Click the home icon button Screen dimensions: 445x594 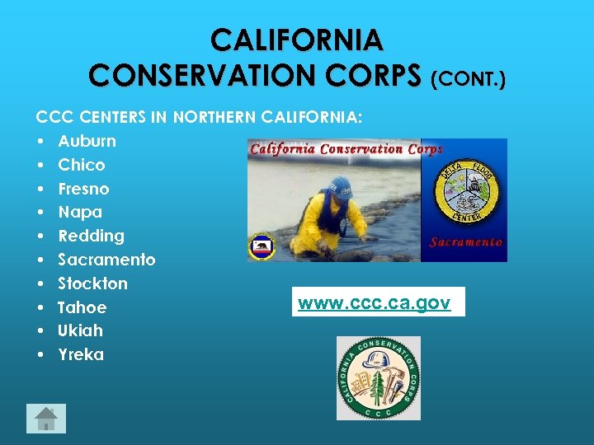pyautogui.click(x=46, y=419)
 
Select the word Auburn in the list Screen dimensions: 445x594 pyautogui.click(x=87, y=141)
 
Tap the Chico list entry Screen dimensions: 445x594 pyautogui.click(x=81, y=165)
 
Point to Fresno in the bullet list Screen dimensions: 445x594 pyautogui.click(x=83, y=189)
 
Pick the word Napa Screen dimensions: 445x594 pyautogui.click(x=80, y=213)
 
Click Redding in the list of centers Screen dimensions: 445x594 pyautogui.click(x=91, y=236)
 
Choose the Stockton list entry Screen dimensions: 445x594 pyautogui.click(x=92, y=283)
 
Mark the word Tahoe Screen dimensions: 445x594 pyautogui.click(x=82, y=307)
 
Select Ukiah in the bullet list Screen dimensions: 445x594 pyautogui.click(x=80, y=330)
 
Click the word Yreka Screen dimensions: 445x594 pyautogui.click(x=81, y=354)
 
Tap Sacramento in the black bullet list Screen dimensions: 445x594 pyautogui.click(x=106, y=260)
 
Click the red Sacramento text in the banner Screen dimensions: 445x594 pyautogui.click(x=466, y=242)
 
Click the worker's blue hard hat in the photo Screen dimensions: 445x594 pyautogui.click(x=340, y=185)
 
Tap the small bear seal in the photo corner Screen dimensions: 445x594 pyautogui.click(x=262, y=247)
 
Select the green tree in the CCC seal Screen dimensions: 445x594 pyautogui.click(x=379, y=386)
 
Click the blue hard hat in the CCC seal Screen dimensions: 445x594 pyautogui.click(x=378, y=361)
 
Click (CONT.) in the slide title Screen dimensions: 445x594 pyautogui.click(x=469, y=78)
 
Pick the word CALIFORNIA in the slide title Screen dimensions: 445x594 pyautogui.click(x=296, y=39)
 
